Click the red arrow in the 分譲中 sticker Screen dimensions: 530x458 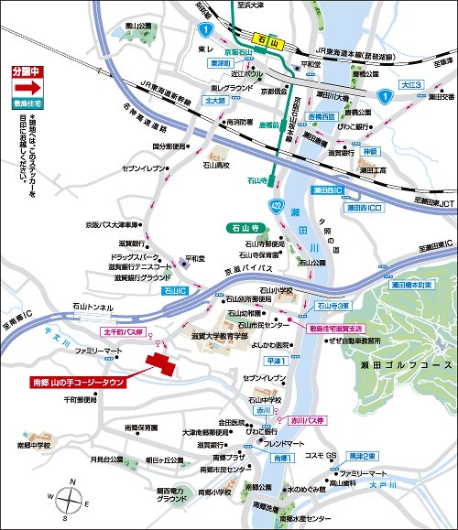(x=27, y=89)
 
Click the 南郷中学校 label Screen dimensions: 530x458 (x=35, y=445)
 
